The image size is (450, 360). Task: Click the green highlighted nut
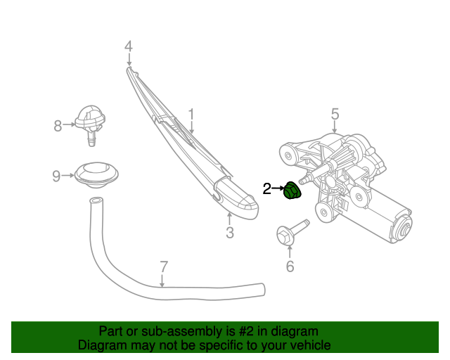tap(291, 191)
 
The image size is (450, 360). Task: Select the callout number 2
tap(266, 188)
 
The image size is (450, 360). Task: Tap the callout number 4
tap(128, 47)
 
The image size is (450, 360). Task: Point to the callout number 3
tap(229, 233)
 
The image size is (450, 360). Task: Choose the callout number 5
tap(335, 113)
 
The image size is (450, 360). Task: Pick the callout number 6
tap(289, 266)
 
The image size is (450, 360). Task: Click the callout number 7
tap(163, 267)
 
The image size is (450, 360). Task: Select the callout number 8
tap(58, 126)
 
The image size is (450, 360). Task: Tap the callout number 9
tap(56, 176)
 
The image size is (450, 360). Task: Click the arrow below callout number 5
tap(335, 127)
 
